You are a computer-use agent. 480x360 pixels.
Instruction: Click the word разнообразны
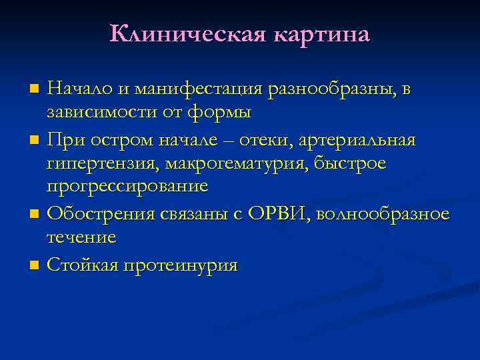(329, 89)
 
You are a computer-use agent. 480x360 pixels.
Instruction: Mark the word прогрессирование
(127, 187)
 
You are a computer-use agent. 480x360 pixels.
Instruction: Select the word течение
(82, 237)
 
